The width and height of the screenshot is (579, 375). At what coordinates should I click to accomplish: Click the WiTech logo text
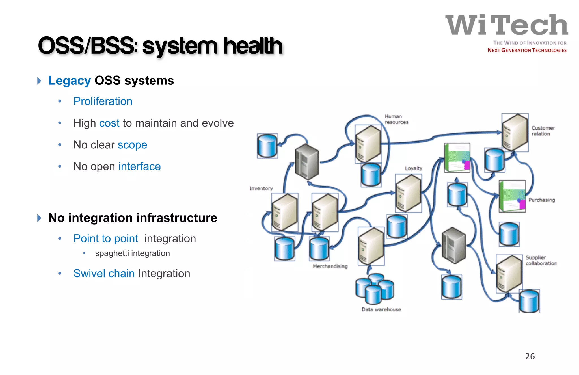coord(507,25)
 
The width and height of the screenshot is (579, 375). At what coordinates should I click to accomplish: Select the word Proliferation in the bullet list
coord(103,101)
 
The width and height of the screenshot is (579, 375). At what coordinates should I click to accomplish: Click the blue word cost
coord(109,123)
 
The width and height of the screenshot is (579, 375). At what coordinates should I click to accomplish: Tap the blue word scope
coord(132,145)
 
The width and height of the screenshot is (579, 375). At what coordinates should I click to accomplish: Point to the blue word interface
coord(139,166)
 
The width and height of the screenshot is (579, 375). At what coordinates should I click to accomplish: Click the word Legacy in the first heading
coord(70,81)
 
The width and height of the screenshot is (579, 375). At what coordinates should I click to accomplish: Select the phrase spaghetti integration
coord(132,253)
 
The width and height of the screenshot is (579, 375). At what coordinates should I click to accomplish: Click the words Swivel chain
coord(104,273)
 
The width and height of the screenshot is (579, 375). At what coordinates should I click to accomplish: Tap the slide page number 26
coord(530,356)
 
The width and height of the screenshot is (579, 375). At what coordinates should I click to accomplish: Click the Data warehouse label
coord(381,309)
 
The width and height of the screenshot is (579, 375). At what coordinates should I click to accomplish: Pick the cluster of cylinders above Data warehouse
coord(375,288)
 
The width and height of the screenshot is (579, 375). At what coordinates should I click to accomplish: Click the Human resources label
coord(396,119)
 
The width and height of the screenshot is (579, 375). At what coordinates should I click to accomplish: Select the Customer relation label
coord(543,131)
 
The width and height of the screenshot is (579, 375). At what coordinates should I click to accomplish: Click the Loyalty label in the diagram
coord(413,168)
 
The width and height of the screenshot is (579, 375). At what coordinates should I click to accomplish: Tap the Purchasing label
coord(541,200)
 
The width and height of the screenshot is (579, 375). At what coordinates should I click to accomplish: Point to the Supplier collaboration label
coord(541,260)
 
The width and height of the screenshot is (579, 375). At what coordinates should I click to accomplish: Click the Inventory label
coord(261,188)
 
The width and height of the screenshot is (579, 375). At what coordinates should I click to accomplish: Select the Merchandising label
coord(330,266)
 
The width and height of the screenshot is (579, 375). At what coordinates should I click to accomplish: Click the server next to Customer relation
coord(515,132)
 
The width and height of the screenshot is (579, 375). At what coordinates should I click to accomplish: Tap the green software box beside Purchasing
coord(512,196)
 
